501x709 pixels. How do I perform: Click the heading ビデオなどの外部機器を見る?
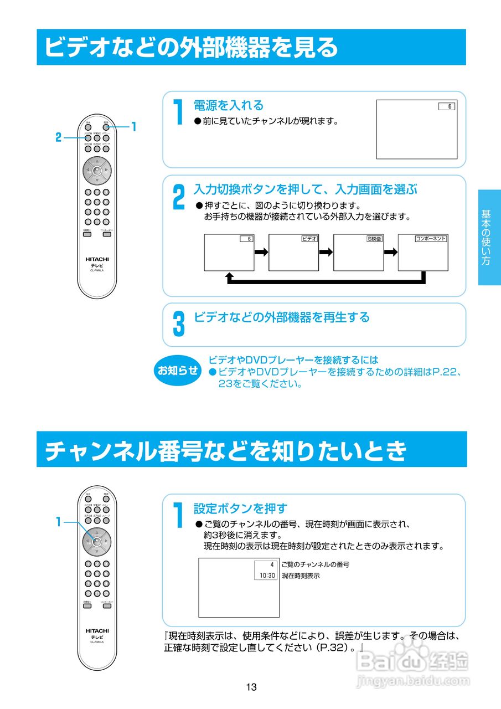click(191, 47)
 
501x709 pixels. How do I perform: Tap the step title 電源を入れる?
click(228, 105)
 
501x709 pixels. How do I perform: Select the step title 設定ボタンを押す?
click(240, 508)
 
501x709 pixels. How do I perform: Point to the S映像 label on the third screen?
click(375, 239)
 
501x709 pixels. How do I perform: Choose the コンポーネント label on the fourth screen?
click(431, 239)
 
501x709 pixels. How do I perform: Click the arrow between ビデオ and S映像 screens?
click(326, 252)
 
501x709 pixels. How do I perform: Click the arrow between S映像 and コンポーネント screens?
click(391, 252)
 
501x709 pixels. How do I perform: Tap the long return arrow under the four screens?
click(327, 281)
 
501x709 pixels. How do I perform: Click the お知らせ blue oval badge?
click(178, 371)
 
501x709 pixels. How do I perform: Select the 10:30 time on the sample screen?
click(267, 576)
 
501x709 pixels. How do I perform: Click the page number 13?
click(251, 687)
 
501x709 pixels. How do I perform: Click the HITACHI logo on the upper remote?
click(97, 259)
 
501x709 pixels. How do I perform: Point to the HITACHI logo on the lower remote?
click(97, 630)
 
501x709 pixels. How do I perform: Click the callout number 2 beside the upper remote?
click(58, 138)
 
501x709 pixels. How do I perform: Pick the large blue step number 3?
click(178, 324)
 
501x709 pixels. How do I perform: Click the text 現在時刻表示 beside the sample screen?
click(301, 576)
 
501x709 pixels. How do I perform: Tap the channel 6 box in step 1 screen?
click(446, 106)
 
